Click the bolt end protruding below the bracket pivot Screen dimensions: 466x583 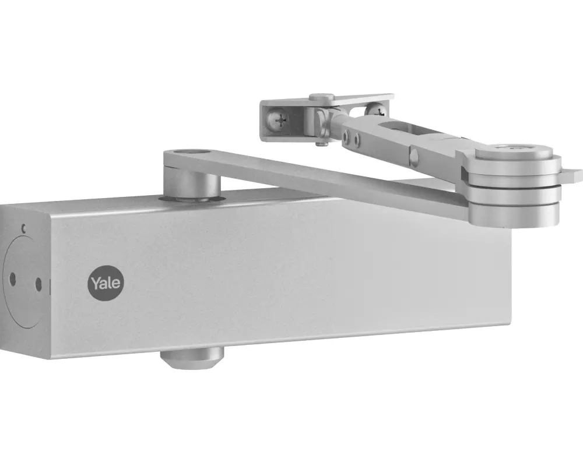coord(321,142)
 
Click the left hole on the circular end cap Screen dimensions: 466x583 coord(12,278)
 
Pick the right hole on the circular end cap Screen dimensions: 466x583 coord(38,284)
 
